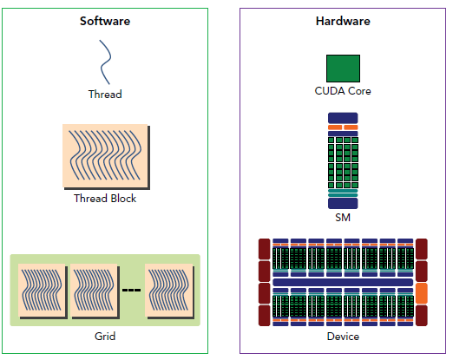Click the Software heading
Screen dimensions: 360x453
click(x=105, y=21)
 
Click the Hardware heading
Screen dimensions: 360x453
click(x=342, y=21)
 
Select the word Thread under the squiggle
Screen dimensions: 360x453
click(x=105, y=94)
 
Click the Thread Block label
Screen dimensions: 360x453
click(x=105, y=199)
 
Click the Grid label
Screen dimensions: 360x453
click(x=105, y=336)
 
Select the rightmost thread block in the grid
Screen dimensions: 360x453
click(x=167, y=292)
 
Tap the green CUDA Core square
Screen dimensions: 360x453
click(x=343, y=69)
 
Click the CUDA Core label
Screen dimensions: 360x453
click(x=343, y=91)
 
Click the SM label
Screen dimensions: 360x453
click(x=343, y=218)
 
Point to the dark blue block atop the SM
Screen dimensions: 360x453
click(x=343, y=117)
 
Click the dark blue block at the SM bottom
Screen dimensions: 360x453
click(x=343, y=203)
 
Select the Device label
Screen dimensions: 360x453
click(x=343, y=337)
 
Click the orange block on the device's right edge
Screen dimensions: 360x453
click(x=423, y=293)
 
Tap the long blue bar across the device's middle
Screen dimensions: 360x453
click(x=343, y=283)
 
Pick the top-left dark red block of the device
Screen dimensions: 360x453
click(x=265, y=249)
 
